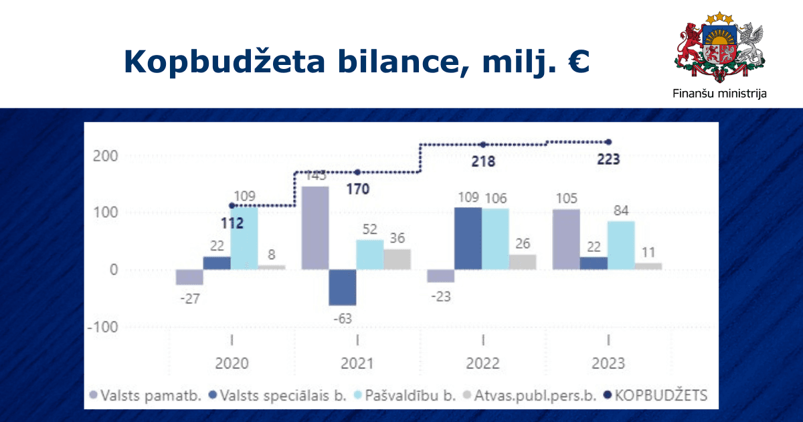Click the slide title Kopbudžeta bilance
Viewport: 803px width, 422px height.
pyautogui.click(x=356, y=62)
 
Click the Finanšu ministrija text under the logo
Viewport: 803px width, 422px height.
pyautogui.click(x=719, y=93)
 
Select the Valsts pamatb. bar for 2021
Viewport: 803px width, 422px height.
pyautogui.click(x=315, y=228)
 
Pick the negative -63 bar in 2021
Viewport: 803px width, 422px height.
pyautogui.click(x=343, y=287)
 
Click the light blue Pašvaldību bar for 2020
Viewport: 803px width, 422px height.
pyautogui.click(x=244, y=238)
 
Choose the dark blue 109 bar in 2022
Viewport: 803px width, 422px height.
pyautogui.click(x=468, y=238)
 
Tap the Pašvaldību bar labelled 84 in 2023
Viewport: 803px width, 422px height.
pyautogui.click(x=621, y=245)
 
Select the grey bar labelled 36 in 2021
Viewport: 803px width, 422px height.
pyautogui.click(x=397, y=259)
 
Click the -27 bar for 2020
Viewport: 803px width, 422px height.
pyautogui.click(x=189, y=277)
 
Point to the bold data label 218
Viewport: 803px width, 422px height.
pyautogui.click(x=482, y=161)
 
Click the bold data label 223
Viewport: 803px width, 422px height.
pyautogui.click(x=608, y=159)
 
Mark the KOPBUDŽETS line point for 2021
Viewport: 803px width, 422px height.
pyautogui.click(x=357, y=172)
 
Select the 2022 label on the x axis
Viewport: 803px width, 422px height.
pyautogui.click(x=482, y=364)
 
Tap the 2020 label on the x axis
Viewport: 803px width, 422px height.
pyautogui.click(x=232, y=364)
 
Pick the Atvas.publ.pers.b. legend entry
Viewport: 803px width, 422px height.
pyautogui.click(x=533, y=396)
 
